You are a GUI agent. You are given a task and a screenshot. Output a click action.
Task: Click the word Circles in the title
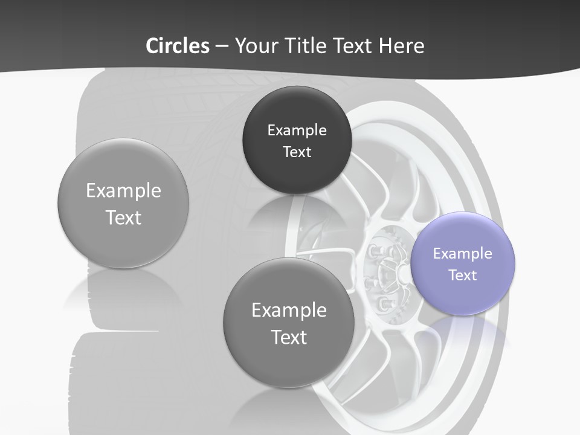[177, 46]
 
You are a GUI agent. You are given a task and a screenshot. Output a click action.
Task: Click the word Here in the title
[402, 46]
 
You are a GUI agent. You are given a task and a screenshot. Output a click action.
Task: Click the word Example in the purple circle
[462, 254]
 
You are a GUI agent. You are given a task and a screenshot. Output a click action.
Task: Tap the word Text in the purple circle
[462, 275]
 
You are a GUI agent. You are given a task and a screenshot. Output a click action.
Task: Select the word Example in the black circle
[297, 130]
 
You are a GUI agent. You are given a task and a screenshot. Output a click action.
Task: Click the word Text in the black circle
[297, 152]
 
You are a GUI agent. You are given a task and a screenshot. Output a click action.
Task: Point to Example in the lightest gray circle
[123, 191]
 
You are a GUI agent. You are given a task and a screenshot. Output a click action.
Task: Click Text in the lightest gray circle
[123, 217]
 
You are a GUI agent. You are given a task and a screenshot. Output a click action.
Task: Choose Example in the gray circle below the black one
[289, 311]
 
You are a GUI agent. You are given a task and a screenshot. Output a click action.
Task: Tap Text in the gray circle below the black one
[289, 337]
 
